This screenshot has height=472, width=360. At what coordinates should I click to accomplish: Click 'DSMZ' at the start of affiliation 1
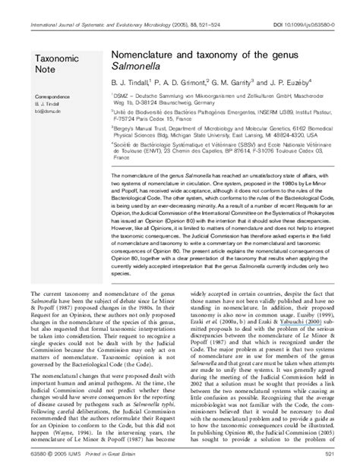tap(120, 98)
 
